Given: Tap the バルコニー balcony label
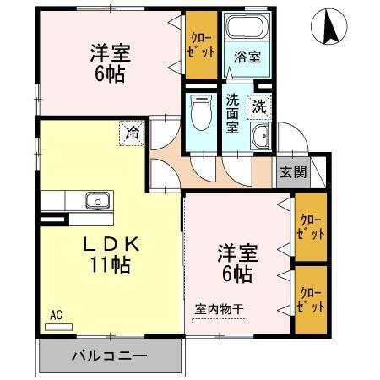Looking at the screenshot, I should pyautogui.click(x=108, y=356).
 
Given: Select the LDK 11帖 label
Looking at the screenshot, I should pyautogui.click(x=110, y=252).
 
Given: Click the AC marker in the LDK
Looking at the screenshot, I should pyautogui.click(x=56, y=315).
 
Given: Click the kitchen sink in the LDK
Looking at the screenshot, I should pyautogui.click(x=95, y=201).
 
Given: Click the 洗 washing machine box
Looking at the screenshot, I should pyautogui.click(x=258, y=107).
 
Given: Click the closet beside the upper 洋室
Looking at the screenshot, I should pyautogui.click(x=200, y=47).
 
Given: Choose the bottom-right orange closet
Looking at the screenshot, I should pyautogui.click(x=310, y=300).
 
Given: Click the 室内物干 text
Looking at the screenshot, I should pyautogui.click(x=220, y=309).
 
